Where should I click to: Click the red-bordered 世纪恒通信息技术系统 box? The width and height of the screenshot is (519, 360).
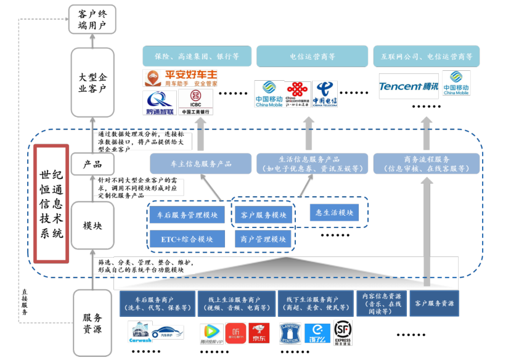point(50,203)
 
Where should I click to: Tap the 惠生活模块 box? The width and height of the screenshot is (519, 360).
point(333,213)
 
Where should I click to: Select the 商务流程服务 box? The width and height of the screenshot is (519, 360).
point(426,163)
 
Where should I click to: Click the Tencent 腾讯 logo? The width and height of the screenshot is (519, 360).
point(408,86)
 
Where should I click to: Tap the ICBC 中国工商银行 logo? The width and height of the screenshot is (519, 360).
point(195,102)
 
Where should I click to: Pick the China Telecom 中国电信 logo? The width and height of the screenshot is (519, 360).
point(324,94)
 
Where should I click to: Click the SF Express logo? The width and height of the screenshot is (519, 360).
point(343,333)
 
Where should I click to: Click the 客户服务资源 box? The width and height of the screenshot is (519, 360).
point(434,304)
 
